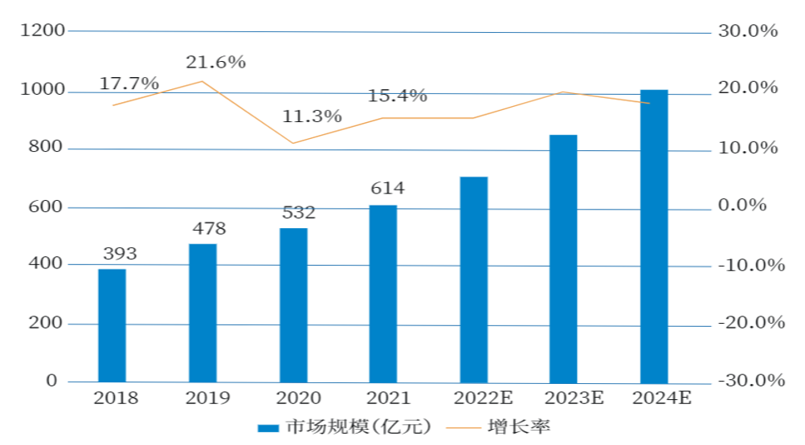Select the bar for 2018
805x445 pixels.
[x=112, y=325]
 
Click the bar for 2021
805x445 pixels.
[x=383, y=293]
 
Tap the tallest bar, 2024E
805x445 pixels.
[x=654, y=236]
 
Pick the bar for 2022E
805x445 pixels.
[x=473, y=280]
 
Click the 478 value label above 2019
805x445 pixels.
[x=209, y=228]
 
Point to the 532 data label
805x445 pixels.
[x=299, y=213]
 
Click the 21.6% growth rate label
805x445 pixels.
[x=215, y=62]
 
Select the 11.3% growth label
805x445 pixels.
[x=312, y=116]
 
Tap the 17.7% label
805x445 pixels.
[x=129, y=84]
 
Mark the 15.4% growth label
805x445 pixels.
[x=398, y=96]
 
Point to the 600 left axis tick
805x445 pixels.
[x=47, y=206]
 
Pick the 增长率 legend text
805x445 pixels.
[x=519, y=427]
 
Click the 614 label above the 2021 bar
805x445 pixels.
[x=388, y=189]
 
